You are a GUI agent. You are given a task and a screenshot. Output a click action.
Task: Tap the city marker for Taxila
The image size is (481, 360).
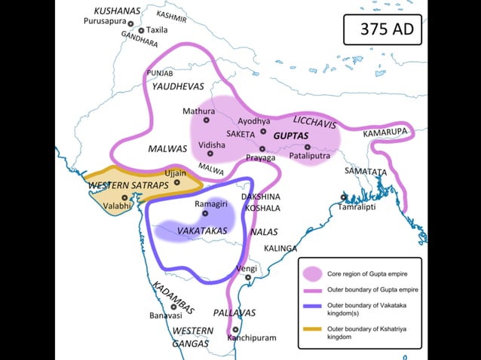click(141, 30)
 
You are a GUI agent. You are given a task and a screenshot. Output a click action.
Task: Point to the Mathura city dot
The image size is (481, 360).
click(206, 120)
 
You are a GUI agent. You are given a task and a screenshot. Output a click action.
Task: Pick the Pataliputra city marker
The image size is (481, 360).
click(308, 147)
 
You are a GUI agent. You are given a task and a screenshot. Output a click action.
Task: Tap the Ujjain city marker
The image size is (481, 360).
click(177, 182)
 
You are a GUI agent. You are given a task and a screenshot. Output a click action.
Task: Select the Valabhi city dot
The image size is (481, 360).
click(124, 197)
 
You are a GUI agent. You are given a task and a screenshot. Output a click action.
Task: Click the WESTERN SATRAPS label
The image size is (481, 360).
click(118, 185)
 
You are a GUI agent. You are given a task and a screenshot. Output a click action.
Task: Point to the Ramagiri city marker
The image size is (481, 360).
click(204, 213)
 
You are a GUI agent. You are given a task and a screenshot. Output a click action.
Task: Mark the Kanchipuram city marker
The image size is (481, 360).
click(236, 329)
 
